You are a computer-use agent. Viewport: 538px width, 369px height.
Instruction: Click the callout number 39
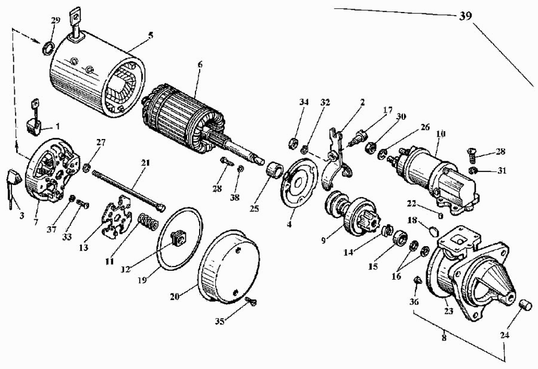[x=465, y=16]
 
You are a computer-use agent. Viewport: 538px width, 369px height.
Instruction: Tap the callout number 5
[x=151, y=35]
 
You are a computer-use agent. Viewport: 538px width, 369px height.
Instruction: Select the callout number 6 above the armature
[x=200, y=64]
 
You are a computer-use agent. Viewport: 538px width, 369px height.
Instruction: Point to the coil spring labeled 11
[x=148, y=222]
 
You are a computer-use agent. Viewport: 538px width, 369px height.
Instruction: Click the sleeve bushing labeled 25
[x=275, y=170]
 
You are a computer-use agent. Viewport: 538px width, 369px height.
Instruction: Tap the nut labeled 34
[x=293, y=142]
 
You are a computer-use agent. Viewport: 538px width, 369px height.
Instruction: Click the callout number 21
[x=145, y=162]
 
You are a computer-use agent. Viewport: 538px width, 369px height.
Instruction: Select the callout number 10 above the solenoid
[x=441, y=134]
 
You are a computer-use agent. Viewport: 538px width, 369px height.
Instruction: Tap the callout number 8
[x=444, y=337]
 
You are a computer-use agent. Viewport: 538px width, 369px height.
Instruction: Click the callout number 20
[x=175, y=296]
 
